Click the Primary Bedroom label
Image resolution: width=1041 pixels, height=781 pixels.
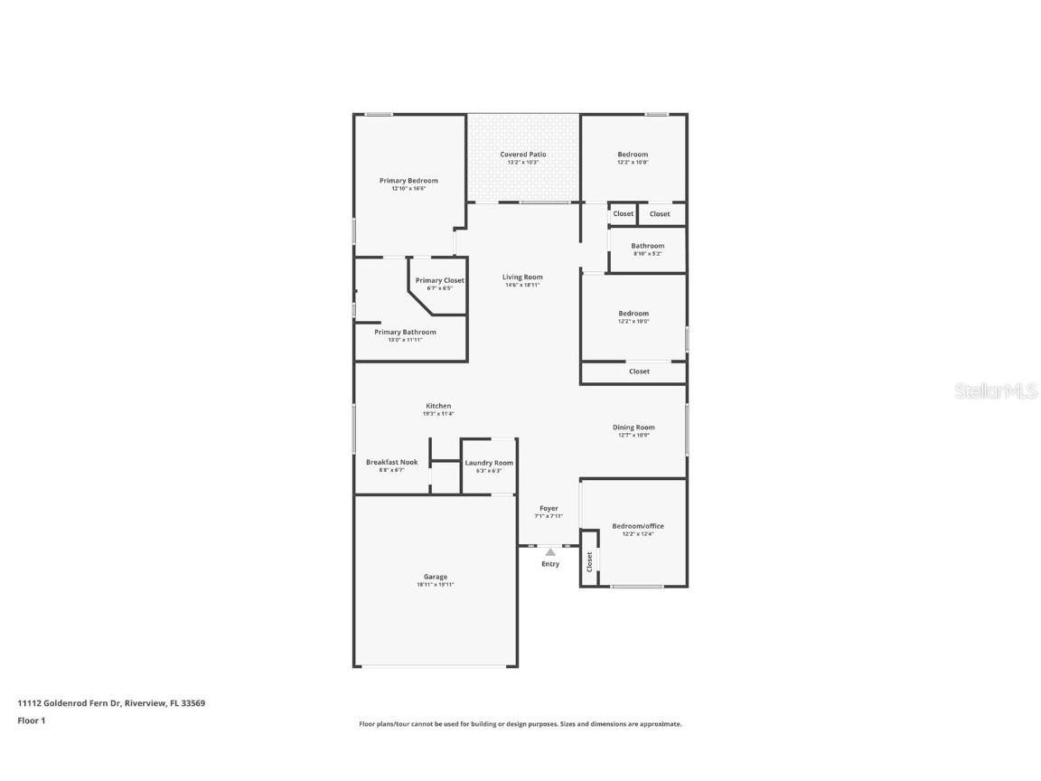[x=408, y=181]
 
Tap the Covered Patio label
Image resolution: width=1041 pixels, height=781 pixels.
[x=523, y=155]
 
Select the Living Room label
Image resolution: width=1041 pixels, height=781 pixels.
[x=523, y=278]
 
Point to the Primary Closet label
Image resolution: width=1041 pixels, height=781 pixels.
[x=440, y=280]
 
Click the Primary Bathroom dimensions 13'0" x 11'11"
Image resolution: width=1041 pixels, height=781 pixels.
[x=405, y=340]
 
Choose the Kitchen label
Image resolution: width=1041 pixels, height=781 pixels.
[x=438, y=406]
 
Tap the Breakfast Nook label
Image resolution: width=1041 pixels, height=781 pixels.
[x=391, y=462]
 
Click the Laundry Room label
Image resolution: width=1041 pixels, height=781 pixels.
[x=489, y=463]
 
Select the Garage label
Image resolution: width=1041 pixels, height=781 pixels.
[x=436, y=577]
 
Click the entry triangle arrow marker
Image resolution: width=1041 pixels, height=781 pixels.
[x=550, y=551]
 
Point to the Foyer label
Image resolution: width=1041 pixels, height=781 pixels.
[x=549, y=509]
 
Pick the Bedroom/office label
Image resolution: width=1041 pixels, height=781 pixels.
[x=638, y=526]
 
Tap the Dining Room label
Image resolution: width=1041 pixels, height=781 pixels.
[x=633, y=428]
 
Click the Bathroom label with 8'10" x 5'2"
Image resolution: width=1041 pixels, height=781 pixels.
[x=648, y=246]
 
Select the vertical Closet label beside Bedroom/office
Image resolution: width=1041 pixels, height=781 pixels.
[x=589, y=562]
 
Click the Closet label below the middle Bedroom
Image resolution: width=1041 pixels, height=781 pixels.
[x=639, y=372]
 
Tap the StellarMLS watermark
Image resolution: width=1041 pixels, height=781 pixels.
[x=998, y=391]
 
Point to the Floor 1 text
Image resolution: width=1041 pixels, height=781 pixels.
[x=31, y=720]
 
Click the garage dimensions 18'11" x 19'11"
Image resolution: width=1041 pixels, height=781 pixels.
[x=436, y=585]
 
